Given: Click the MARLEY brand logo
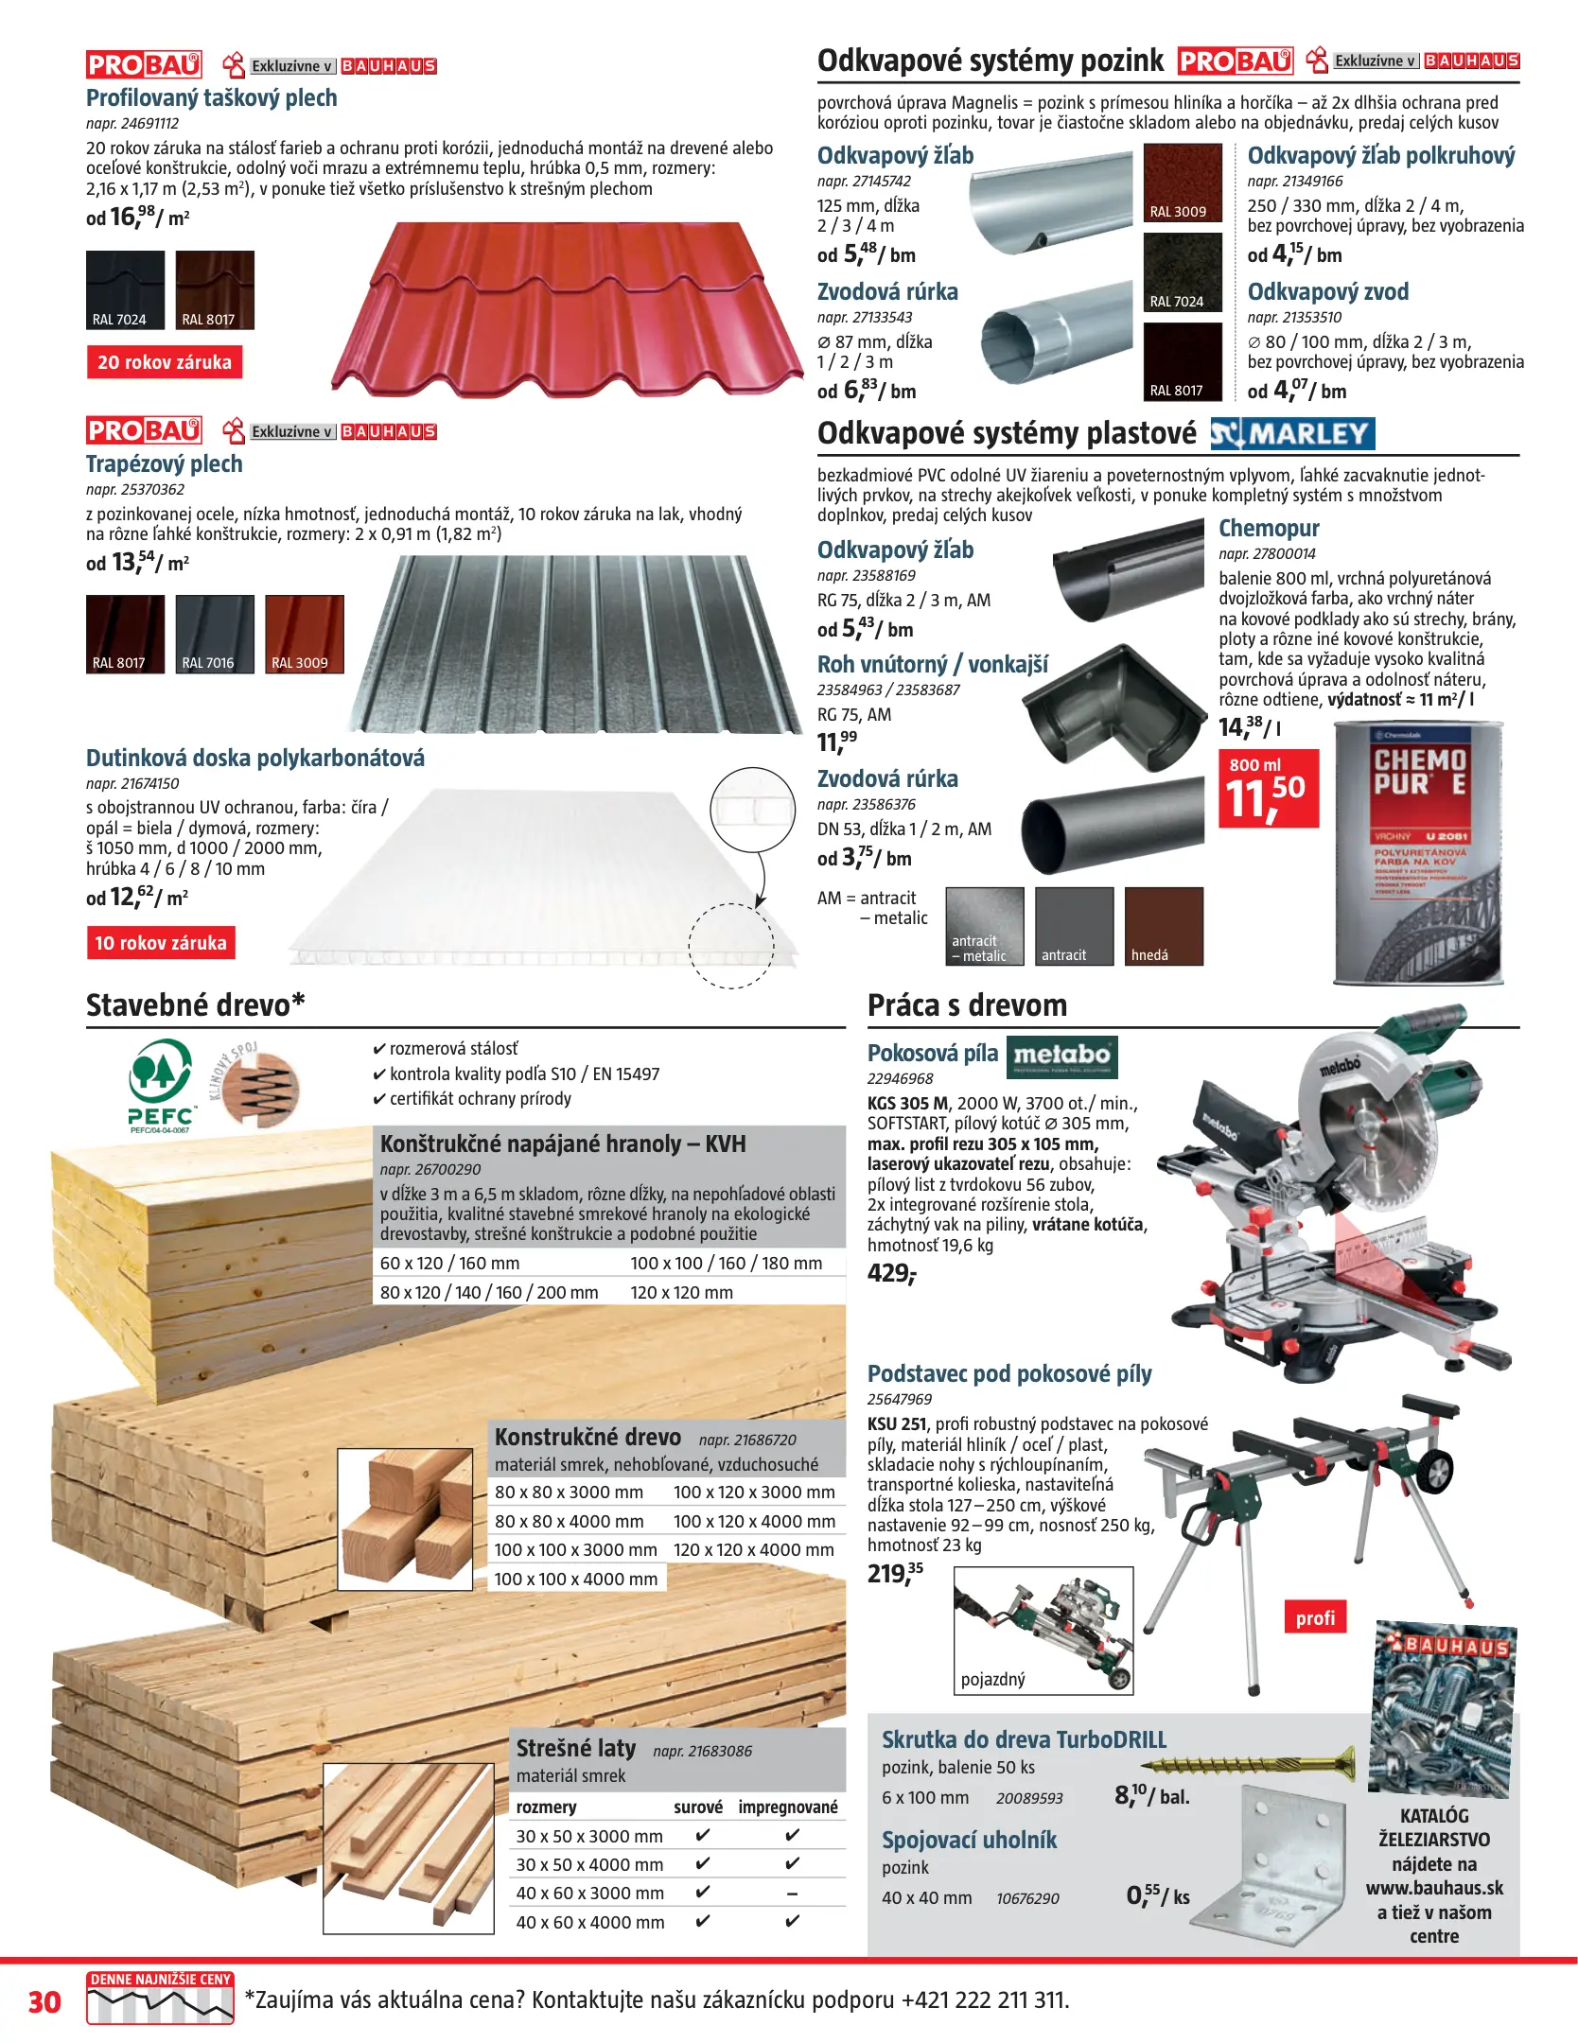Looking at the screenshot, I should click(1292, 434).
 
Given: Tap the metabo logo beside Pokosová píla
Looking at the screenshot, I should click(1061, 1056).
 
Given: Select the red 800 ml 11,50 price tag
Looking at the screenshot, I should click(1268, 789).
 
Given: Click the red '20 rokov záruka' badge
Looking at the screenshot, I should click(165, 362).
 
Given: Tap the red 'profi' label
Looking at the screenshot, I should click(1315, 1617).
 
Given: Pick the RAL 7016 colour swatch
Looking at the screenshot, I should click(215, 634).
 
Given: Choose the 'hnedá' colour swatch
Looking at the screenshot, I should click(1164, 926).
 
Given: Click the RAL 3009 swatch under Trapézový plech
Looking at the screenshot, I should click(304, 634).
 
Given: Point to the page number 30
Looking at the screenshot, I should click(44, 2001).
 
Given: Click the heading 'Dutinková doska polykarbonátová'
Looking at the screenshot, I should click(255, 759).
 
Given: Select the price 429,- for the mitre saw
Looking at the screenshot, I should click(891, 1273).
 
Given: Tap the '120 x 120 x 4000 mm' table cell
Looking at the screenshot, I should click(753, 1549).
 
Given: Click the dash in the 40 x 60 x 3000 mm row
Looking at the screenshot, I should click(792, 1894).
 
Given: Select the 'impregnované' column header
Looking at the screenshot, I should click(788, 1807).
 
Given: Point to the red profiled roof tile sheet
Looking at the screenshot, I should click(568, 312).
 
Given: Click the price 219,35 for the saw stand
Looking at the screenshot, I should click(895, 1573).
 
